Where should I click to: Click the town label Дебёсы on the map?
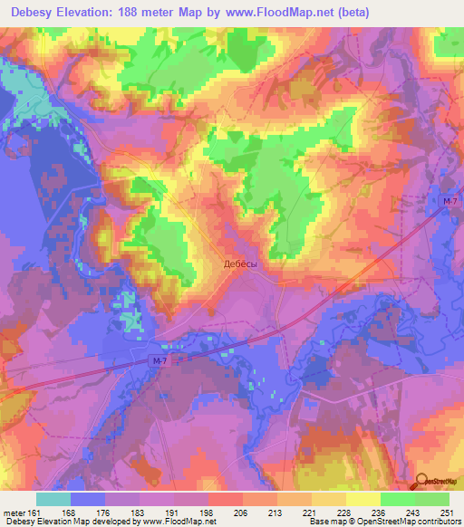[241, 263]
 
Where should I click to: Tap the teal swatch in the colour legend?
[53, 499]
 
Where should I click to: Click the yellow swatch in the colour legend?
[362, 499]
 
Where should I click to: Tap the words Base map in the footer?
[324, 522]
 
